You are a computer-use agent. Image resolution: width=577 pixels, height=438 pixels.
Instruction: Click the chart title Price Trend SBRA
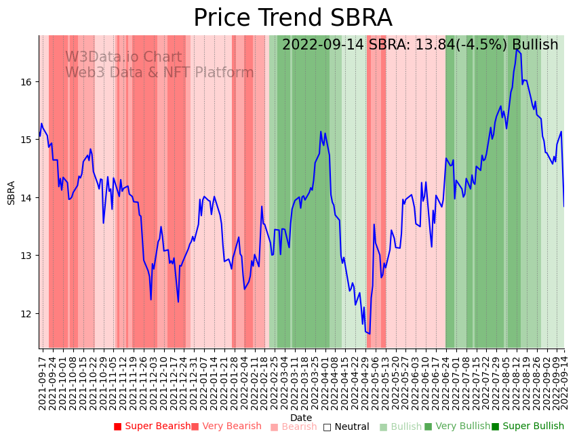pyautogui.click(x=292, y=18)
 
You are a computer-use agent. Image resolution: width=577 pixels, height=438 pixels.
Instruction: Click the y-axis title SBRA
pyautogui.click(x=12, y=193)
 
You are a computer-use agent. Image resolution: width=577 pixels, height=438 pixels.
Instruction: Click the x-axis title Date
pyautogui.click(x=301, y=418)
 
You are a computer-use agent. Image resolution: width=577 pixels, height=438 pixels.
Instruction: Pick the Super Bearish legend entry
pyautogui.click(x=153, y=426)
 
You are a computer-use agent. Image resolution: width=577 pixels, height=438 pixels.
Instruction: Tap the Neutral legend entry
pyautogui.click(x=346, y=427)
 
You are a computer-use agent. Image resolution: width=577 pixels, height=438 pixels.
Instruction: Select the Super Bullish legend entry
pyautogui.click(x=528, y=426)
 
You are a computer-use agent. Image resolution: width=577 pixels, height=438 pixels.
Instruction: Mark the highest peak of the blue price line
pyautogui.click(x=517, y=49)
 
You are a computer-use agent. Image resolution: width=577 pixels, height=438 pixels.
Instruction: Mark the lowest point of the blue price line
pyautogui.click(x=370, y=333)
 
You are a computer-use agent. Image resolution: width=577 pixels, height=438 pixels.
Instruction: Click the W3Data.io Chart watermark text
pyautogui.click(x=123, y=58)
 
